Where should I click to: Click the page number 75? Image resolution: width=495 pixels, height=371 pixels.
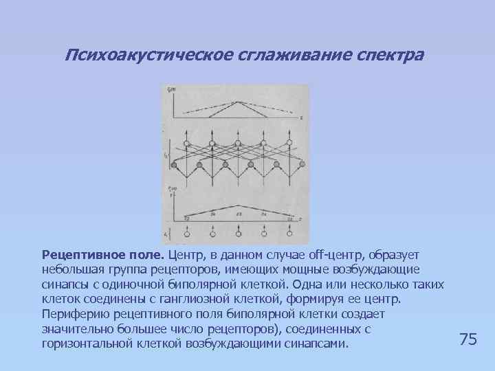tap(467, 339)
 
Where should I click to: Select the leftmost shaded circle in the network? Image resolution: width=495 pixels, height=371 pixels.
tap(175, 165)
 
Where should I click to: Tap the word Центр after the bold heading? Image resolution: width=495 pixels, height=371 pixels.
tap(186, 255)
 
